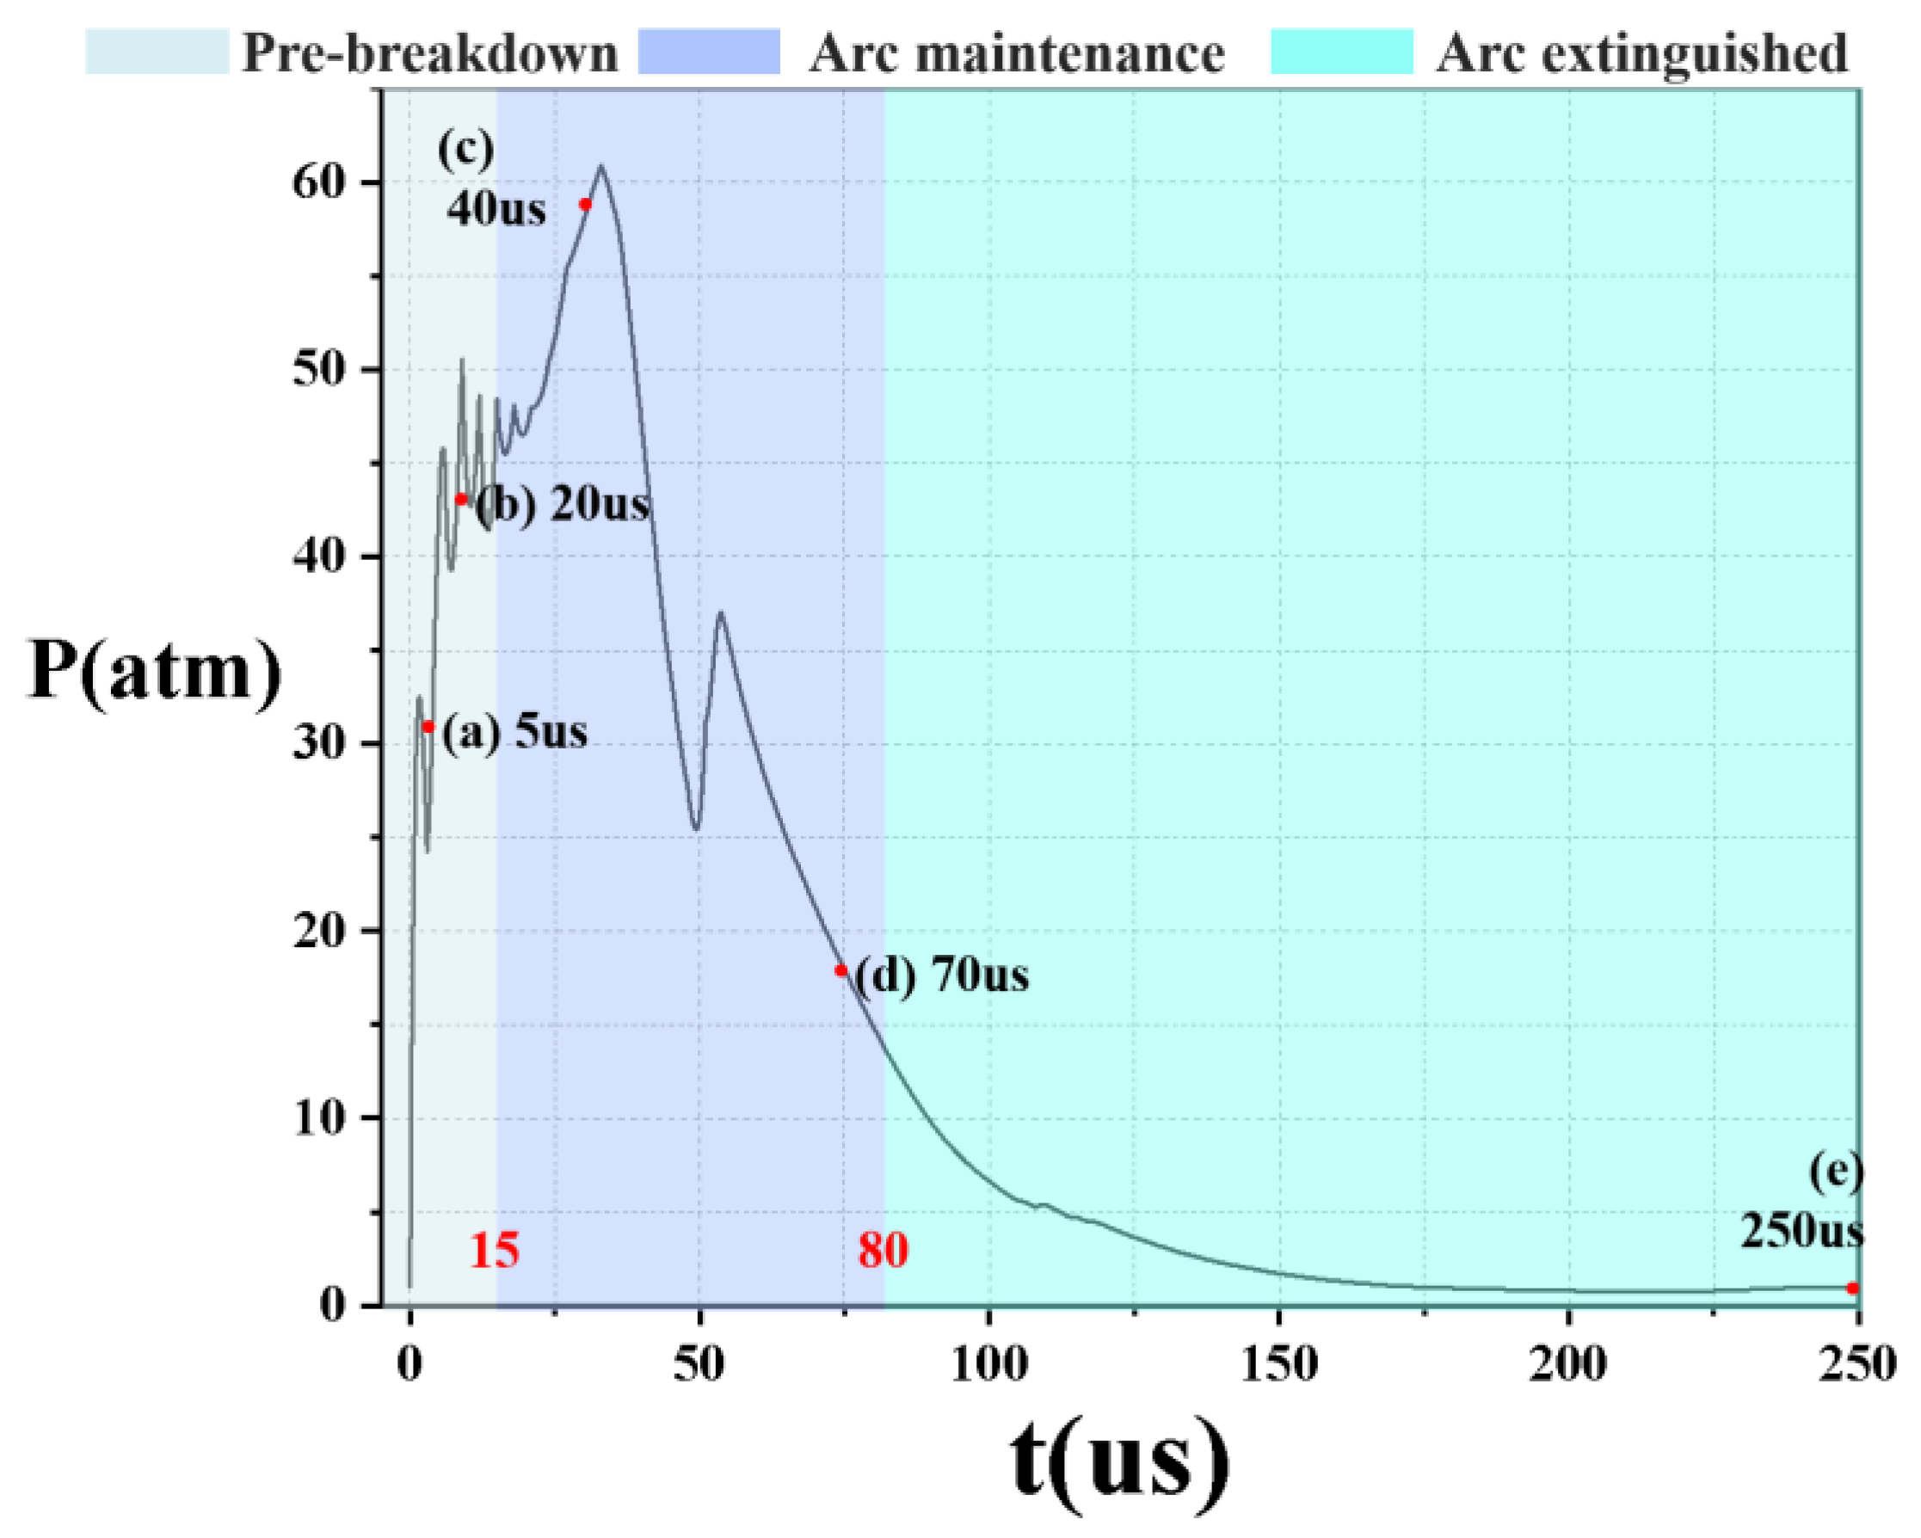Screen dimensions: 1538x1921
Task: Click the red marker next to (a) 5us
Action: point(428,727)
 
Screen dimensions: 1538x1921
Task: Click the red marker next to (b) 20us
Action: point(460,499)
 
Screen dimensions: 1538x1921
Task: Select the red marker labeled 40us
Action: point(585,204)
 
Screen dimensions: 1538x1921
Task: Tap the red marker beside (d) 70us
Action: point(841,970)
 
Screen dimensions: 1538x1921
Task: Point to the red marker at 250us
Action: point(1852,1289)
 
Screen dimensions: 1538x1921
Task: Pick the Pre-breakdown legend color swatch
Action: point(157,52)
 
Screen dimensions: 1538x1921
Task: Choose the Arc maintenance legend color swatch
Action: point(709,52)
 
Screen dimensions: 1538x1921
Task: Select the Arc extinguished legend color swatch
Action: point(1342,52)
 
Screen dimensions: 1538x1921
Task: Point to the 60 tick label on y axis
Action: point(318,182)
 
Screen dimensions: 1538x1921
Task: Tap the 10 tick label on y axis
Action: point(318,1117)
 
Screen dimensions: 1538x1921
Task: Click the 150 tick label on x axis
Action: point(1279,1364)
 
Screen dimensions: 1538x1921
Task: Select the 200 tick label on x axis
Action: point(1568,1364)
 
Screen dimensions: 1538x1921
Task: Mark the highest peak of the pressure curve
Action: point(601,166)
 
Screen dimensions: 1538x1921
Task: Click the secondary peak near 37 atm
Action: point(720,612)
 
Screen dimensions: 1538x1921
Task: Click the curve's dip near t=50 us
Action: point(697,828)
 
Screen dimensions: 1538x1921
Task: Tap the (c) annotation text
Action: point(465,150)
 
